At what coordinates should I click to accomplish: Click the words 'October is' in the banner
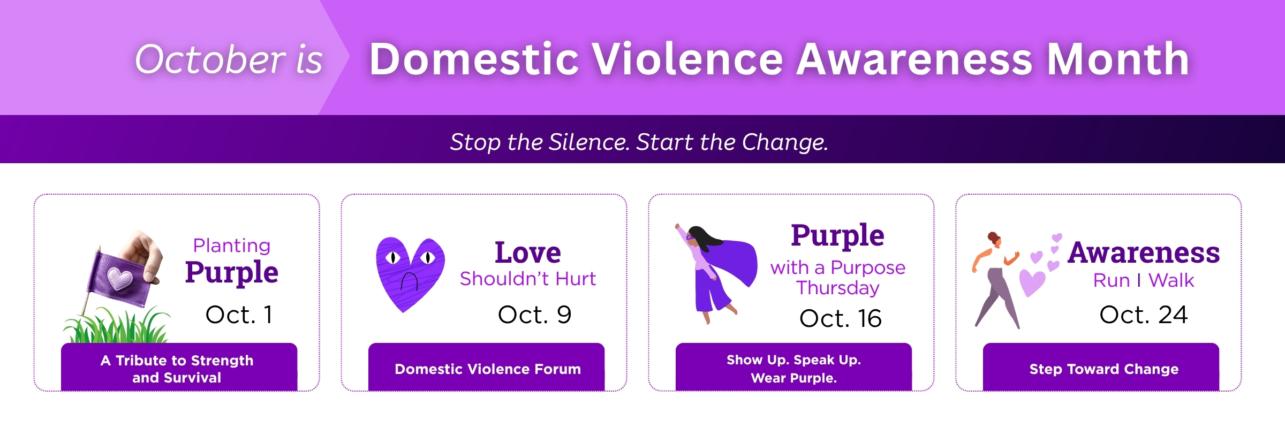(229, 59)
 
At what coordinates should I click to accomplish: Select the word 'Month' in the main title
(1118, 59)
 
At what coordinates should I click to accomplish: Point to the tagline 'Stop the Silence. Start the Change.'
(639, 142)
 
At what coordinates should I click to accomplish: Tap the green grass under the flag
(116, 325)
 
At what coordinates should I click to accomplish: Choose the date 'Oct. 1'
(239, 315)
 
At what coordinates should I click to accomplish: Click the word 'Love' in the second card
(528, 253)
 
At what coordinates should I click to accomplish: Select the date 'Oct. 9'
(534, 315)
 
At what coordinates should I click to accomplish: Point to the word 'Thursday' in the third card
(838, 288)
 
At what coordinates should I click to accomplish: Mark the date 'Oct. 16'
(840, 318)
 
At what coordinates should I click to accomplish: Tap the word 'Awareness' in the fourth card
(1144, 253)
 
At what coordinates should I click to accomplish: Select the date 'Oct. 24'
(1144, 315)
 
